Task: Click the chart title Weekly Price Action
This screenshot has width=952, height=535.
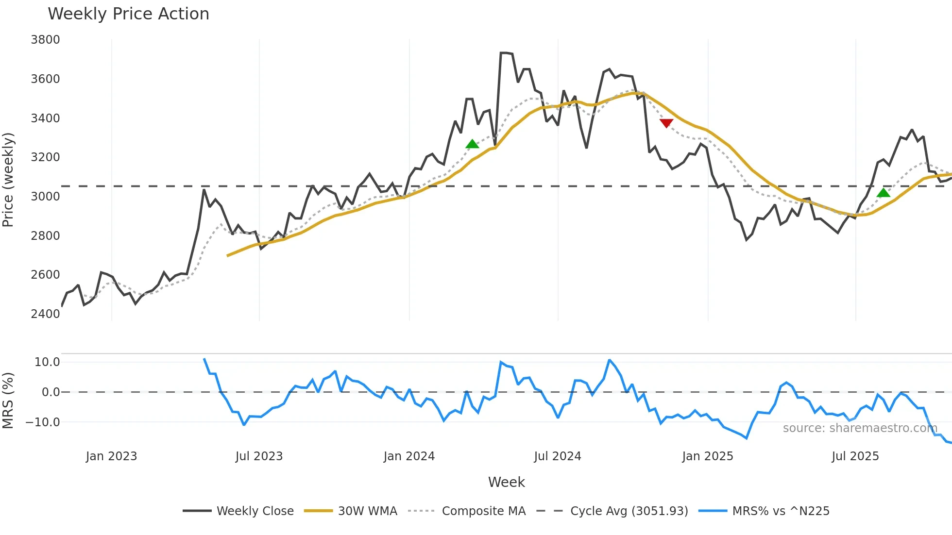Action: pos(128,14)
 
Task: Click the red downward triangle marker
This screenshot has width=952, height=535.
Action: pos(666,123)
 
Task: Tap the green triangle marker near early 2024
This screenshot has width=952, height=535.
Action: pos(472,144)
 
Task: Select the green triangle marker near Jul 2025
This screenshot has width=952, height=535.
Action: pos(884,193)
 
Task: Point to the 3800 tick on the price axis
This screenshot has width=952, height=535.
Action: pos(45,40)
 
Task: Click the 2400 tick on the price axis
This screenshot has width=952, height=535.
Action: pos(45,314)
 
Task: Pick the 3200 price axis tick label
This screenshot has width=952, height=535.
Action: pos(45,157)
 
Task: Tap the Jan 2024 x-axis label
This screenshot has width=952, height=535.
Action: pos(409,456)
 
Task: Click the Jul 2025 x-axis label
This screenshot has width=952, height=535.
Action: pos(855,456)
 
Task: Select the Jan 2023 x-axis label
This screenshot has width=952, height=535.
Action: pos(111,456)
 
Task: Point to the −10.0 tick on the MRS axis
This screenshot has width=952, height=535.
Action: pos(43,422)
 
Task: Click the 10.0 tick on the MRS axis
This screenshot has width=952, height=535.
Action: pos(47,362)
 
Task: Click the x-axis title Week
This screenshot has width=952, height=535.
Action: pos(506,482)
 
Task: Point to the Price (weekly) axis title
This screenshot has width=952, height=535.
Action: pos(8,180)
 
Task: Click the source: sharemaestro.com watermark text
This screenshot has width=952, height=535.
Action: pos(860,428)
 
